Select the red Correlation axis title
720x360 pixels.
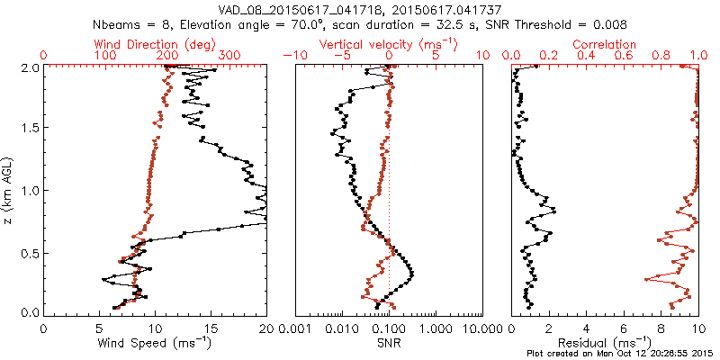[x=605, y=44]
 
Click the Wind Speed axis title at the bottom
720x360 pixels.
[x=155, y=343]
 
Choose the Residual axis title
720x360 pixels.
[x=605, y=343]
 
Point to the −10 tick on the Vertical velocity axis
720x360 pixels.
[x=295, y=56]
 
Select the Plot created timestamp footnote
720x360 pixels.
[x=624, y=352]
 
